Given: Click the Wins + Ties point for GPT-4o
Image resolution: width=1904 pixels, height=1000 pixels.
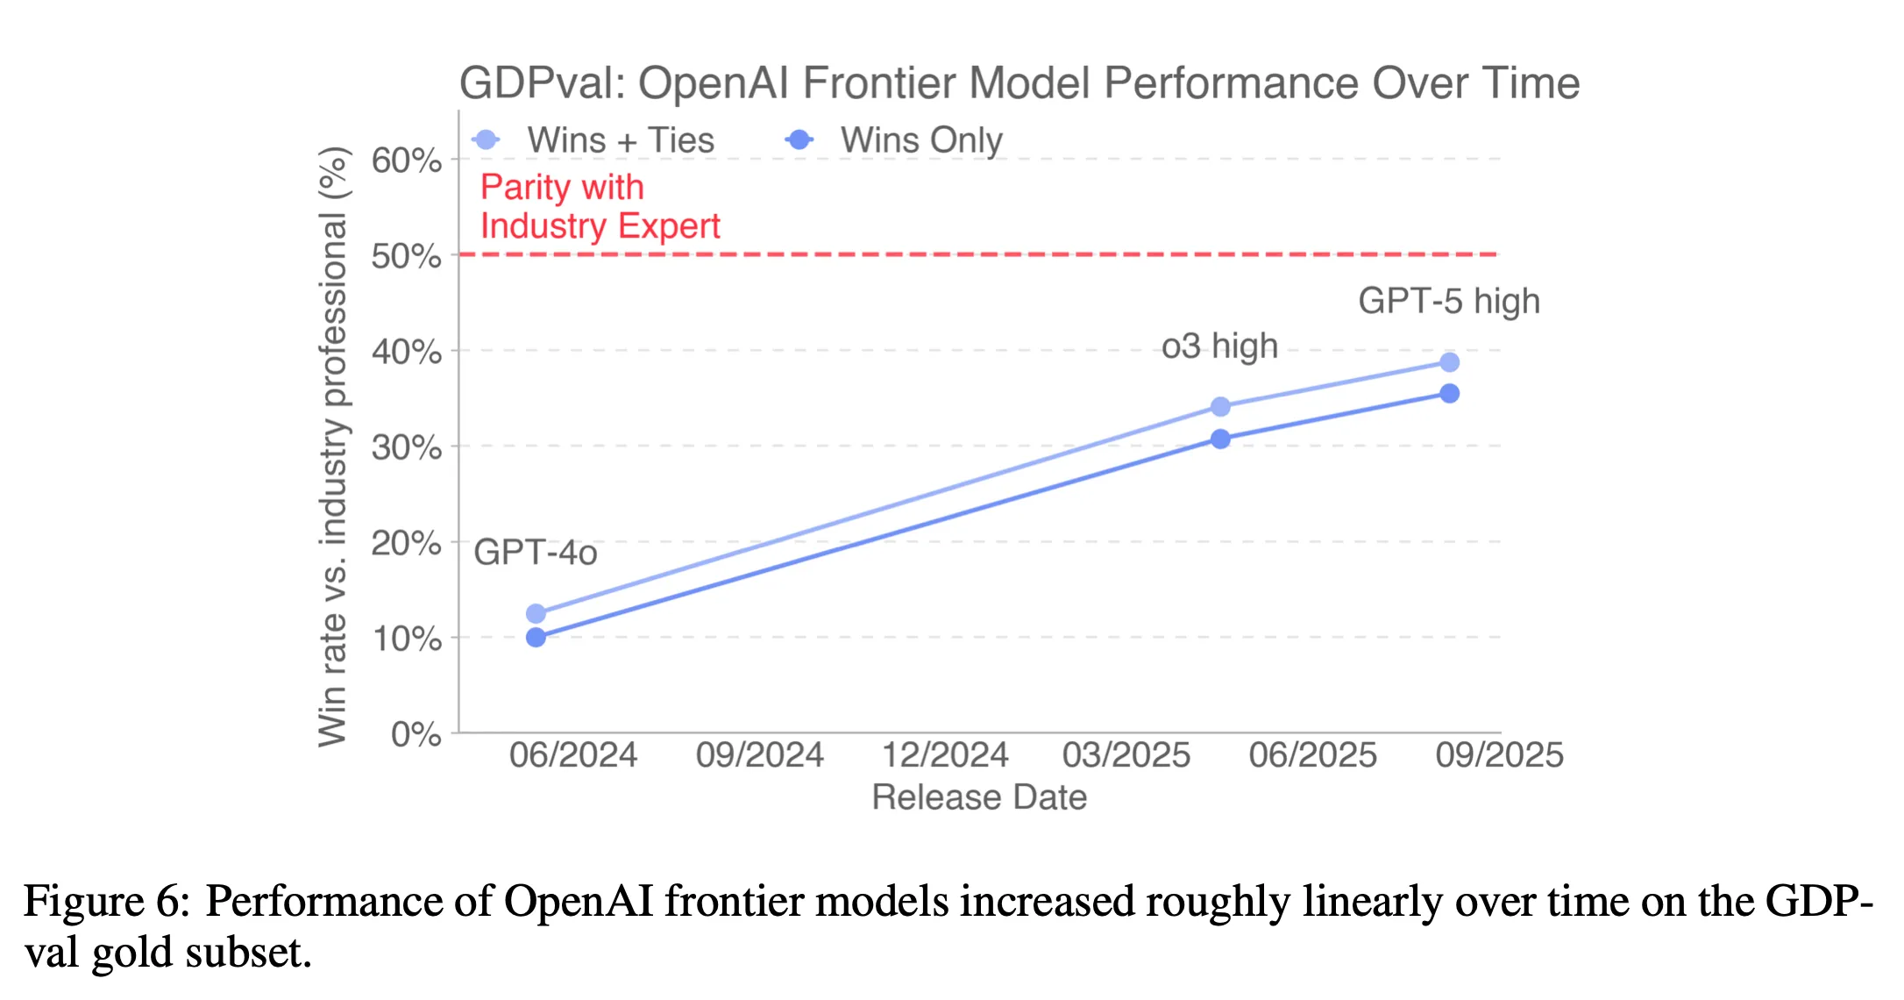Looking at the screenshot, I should [x=536, y=613].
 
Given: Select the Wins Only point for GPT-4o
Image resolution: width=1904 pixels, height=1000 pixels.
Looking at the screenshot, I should [x=536, y=638].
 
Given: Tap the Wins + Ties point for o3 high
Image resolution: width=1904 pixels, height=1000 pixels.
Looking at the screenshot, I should [x=1220, y=407].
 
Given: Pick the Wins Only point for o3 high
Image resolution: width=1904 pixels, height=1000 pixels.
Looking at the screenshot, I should [x=1220, y=439].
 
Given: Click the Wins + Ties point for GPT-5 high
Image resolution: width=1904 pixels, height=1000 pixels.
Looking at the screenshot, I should [x=1450, y=362].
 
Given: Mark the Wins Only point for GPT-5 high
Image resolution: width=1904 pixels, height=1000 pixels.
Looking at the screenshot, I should [x=1450, y=394].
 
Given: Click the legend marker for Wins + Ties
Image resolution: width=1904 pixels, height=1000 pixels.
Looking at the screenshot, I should [x=486, y=139].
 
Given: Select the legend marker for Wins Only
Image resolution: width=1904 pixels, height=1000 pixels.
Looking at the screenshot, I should [x=799, y=139].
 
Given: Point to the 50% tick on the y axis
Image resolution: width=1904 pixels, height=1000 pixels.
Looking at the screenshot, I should [x=407, y=256].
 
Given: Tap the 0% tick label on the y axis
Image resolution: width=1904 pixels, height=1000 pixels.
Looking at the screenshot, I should [x=416, y=734].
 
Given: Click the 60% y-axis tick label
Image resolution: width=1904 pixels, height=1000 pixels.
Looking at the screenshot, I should [x=407, y=161].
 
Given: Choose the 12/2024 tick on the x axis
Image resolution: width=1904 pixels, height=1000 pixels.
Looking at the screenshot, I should [x=945, y=755].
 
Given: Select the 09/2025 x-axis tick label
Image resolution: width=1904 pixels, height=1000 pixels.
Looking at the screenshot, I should [x=1499, y=755].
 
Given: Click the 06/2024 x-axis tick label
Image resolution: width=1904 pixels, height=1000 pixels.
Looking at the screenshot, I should [x=573, y=755].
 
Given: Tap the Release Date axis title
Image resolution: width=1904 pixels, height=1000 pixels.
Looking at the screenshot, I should [x=979, y=797].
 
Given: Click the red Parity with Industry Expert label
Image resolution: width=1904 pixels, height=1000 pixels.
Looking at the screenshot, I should [x=600, y=207].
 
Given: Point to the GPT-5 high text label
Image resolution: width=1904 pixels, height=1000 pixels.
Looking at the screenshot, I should [x=1448, y=301].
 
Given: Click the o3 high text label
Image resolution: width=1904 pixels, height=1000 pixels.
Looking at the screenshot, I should [x=1219, y=346].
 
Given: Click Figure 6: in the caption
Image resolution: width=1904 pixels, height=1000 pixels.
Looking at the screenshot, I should [x=106, y=902].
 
